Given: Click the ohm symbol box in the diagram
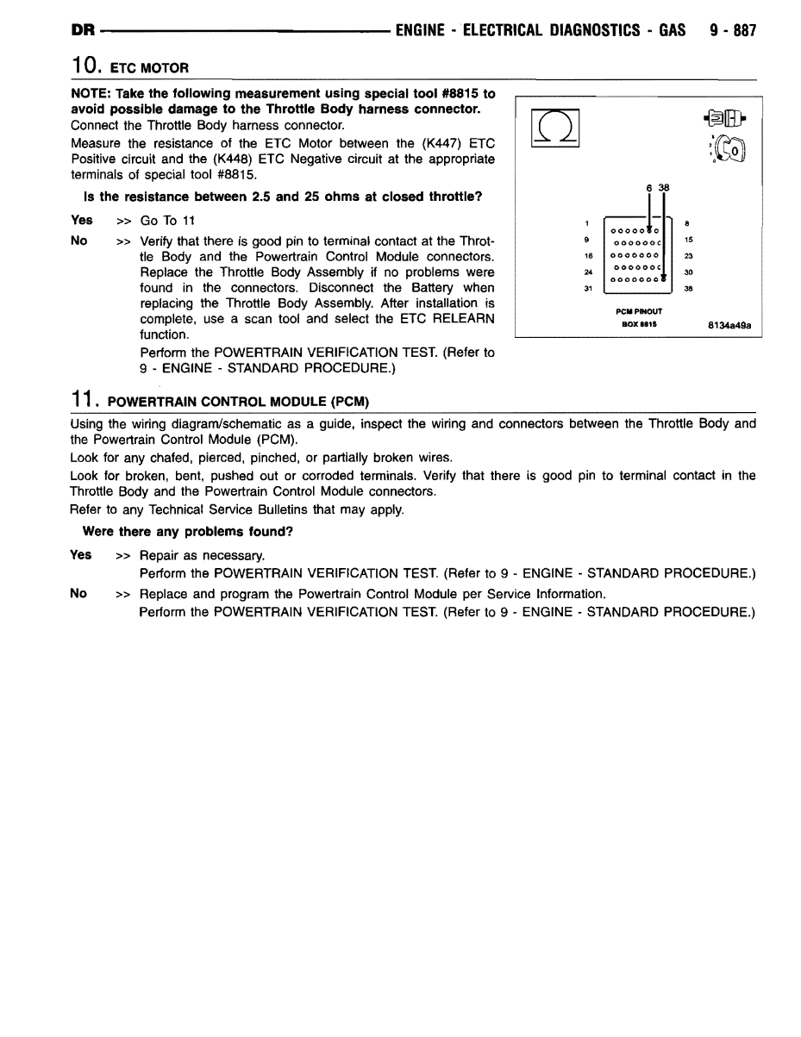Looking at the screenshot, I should (554, 131).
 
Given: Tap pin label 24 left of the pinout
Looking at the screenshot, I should (586, 272).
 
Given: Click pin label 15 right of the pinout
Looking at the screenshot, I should (688, 241).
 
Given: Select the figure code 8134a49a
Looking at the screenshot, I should (729, 325).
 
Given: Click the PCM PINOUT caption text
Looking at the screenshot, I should (638, 312).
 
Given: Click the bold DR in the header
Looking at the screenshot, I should (83, 31).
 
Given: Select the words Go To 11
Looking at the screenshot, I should (167, 221).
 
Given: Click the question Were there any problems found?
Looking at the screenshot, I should (187, 531).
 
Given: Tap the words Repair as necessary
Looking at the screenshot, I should (202, 555).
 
